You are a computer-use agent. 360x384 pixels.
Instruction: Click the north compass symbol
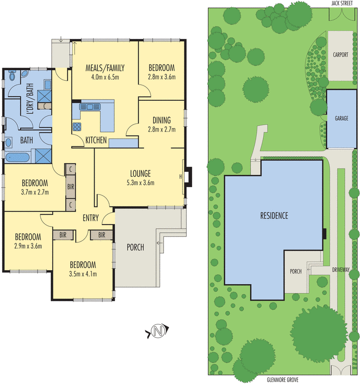pyautogui.click(x=157, y=331)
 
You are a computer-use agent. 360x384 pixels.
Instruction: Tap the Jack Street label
pyautogui.click(x=342, y=3)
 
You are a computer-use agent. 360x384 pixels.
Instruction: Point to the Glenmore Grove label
pyautogui.click(x=283, y=380)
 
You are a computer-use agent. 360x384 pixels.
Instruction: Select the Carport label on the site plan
pyautogui.click(x=340, y=55)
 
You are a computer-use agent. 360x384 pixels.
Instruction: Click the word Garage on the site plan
pyautogui.click(x=341, y=118)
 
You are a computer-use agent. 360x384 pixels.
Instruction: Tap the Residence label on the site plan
pyautogui.click(x=274, y=216)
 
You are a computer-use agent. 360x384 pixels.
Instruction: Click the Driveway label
pyautogui.click(x=341, y=270)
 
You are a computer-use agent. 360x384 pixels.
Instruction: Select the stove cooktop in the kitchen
pyautogui.click(x=77, y=127)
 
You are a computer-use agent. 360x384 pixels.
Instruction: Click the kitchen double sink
pyautogui.click(x=90, y=107)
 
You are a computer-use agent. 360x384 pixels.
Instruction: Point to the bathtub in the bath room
pyautogui.click(x=17, y=157)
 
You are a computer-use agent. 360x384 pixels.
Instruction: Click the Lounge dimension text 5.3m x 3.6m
pyautogui.click(x=140, y=183)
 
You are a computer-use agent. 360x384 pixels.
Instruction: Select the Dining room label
pyautogui.click(x=162, y=120)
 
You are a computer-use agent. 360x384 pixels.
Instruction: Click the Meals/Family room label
pyautogui.click(x=105, y=68)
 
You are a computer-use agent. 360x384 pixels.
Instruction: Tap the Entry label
pyautogui.click(x=91, y=218)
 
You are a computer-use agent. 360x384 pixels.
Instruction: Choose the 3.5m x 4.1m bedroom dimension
pyautogui.click(x=83, y=274)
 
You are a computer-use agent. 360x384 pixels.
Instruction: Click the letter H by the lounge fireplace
pyautogui.click(x=180, y=177)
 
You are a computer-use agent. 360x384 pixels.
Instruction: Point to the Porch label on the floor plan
pyautogui.click(x=135, y=247)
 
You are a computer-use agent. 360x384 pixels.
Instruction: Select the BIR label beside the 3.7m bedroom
pyautogui.click(x=71, y=187)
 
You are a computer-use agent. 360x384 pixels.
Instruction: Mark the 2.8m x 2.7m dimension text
pyautogui.click(x=162, y=129)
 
